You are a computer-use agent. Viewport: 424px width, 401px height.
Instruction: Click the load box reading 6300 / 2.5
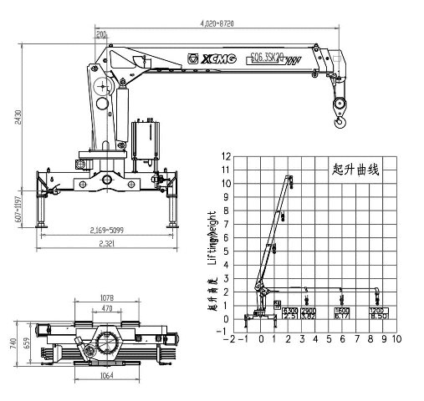click(289, 312)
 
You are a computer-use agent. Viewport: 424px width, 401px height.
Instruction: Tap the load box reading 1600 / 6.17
click(341, 312)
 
